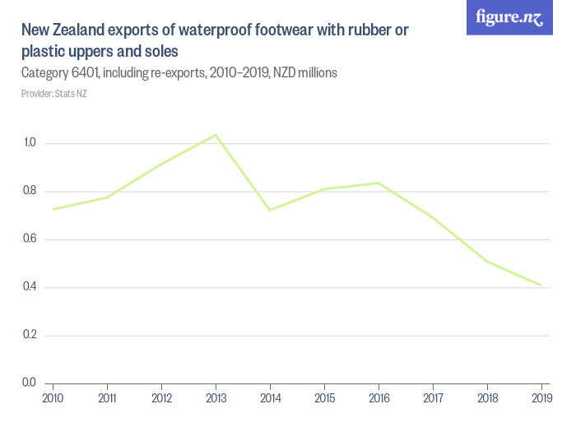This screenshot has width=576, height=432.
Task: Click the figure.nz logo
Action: click(509, 18)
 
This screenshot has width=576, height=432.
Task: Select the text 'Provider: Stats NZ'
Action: click(53, 94)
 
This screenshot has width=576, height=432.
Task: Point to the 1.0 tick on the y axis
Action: click(30, 143)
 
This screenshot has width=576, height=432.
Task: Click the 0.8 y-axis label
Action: click(30, 191)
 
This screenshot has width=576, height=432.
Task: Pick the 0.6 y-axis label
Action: click(30, 239)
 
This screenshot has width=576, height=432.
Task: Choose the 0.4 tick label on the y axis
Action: click(30, 287)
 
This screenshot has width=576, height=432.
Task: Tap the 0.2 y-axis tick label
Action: click(30, 335)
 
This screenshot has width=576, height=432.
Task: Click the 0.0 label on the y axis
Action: click(30, 383)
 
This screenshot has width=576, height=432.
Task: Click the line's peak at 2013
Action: click(216, 135)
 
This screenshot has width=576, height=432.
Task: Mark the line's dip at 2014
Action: click(270, 210)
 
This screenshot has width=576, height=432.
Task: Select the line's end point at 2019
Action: click(541, 286)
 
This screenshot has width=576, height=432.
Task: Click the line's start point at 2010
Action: click(53, 209)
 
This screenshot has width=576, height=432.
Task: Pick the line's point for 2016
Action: click(379, 183)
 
